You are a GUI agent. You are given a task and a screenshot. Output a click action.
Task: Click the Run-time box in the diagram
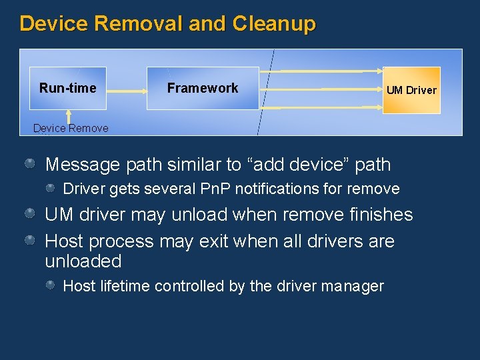68,88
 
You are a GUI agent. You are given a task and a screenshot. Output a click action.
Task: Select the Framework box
203,88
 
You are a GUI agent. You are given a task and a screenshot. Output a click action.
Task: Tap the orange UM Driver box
411,90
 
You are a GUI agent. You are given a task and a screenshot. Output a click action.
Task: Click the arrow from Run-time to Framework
127,90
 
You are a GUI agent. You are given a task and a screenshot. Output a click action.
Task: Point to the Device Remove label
71,128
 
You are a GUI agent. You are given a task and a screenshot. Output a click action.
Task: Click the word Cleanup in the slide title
274,24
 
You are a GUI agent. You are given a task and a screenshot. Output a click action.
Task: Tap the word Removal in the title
138,24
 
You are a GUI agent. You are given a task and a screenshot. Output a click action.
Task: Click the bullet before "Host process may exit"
31,240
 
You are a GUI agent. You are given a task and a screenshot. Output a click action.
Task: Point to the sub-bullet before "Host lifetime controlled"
51,285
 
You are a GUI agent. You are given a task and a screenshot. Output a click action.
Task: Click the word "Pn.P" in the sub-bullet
215,189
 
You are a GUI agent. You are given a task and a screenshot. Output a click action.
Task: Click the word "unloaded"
83,261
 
